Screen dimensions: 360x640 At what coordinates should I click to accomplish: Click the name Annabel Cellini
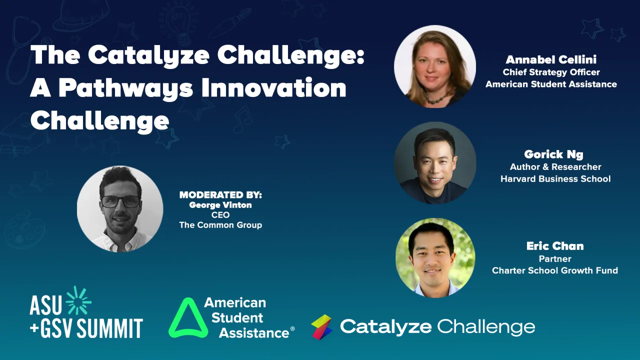tap(551, 60)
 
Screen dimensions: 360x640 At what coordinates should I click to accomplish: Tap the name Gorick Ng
tap(553, 154)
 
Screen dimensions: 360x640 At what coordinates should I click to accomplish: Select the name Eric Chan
tap(555, 246)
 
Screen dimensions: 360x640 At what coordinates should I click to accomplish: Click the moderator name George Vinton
tap(220, 205)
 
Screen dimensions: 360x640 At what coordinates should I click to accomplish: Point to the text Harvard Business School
tap(555, 178)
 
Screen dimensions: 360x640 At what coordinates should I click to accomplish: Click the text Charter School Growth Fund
tap(555, 270)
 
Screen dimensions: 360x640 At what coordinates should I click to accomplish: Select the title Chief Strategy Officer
tap(551, 72)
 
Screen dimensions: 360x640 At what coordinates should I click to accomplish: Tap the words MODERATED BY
tap(220, 195)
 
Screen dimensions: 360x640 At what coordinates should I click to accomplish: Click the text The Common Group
tap(220, 225)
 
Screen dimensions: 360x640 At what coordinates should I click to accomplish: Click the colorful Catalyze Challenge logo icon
tap(322, 327)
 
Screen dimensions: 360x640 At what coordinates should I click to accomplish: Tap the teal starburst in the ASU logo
tap(79, 301)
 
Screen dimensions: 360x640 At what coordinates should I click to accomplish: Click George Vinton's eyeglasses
tap(120, 202)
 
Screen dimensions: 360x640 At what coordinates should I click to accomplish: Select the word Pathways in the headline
tap(125, 88)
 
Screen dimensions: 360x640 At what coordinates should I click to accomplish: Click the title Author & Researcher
tap(555, 166)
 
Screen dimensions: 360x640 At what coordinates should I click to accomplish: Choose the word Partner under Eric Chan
tap(555, 258)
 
